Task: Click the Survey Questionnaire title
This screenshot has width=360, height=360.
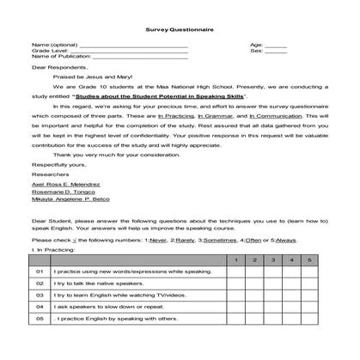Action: point(180,28)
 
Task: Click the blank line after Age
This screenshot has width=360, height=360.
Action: point(276,44)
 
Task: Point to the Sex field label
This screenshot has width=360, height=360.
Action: point(255,50)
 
